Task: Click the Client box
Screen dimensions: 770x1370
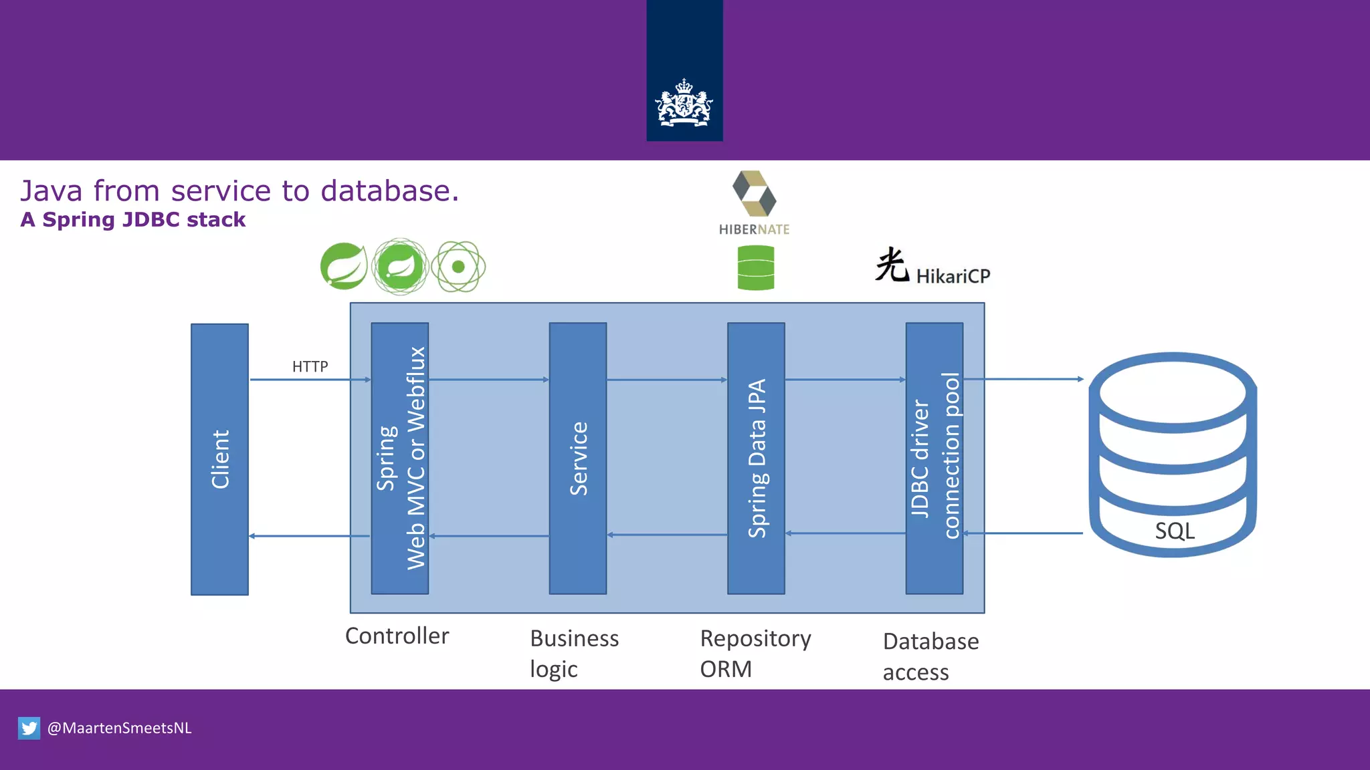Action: click(x=219, y=459)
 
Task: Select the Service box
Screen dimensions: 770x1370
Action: click(x=577, y=459)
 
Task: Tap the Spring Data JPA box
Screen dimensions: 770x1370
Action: click(x=756, y=459)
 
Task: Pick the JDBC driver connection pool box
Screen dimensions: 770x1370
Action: click(x=934, y=459)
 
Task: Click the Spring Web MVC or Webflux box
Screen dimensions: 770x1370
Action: click(x=399, y=459)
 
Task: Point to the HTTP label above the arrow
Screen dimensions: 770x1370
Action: click(x=310, y=367)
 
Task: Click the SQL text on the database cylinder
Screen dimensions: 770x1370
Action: click(x=1174, y=531)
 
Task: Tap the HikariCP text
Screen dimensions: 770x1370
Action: click(x=953, y=276)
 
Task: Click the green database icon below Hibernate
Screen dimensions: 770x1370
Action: click(x=755, y=267)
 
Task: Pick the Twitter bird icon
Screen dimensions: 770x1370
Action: click(x=29, y=728)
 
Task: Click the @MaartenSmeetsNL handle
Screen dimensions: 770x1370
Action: click(x=119, y=728)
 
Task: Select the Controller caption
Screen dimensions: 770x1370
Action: click(x=397, y=636)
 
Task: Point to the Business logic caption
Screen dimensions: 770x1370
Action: click(x=573, y=653)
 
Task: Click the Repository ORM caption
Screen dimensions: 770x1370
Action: click(x=755, y=653)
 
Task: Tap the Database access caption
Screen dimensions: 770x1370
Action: click(x=930, y=656)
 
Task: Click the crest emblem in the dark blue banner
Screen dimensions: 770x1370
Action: click(x=684, y=104)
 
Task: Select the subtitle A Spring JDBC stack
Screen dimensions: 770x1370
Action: click(x=132, y=220)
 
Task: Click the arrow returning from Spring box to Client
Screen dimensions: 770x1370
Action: click(x=309, y=536)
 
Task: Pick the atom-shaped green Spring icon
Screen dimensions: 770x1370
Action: click(x=458, y=267)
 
